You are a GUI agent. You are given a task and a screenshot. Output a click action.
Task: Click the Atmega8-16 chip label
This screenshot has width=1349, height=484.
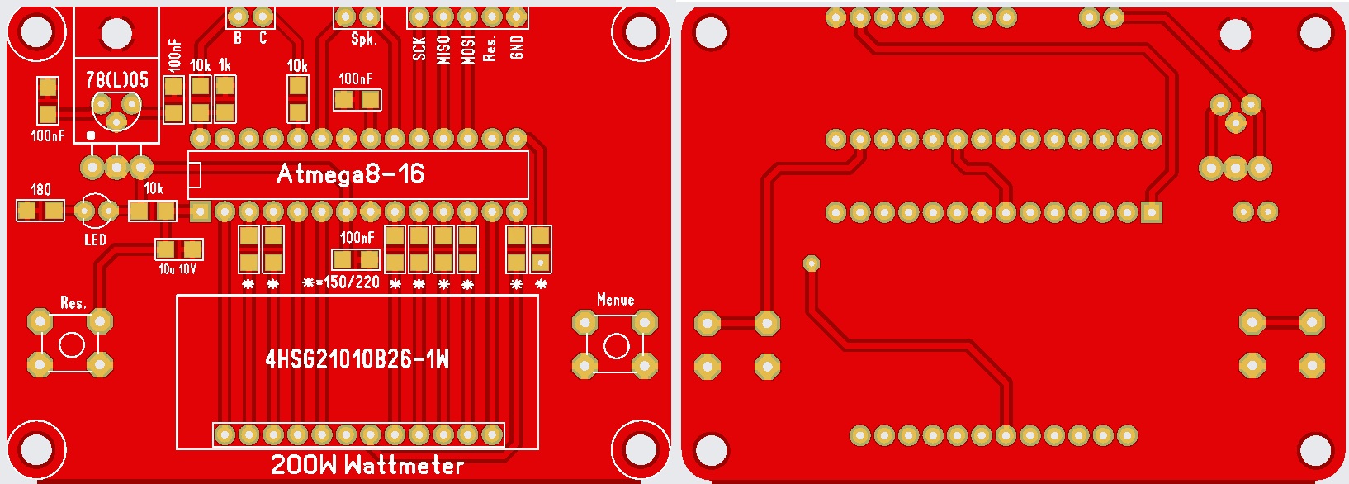coord(351,174)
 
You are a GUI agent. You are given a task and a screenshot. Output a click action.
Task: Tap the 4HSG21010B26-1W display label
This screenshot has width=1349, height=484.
coord(357,360)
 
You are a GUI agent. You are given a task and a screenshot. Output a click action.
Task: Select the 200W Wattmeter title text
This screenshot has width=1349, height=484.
coord(367,465)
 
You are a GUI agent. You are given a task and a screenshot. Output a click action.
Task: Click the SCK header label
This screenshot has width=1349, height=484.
coord(419,48)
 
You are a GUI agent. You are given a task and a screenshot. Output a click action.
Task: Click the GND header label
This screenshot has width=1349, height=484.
coord(517,48)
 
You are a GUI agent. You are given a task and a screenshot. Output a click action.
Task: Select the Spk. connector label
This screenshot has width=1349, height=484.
coord(364,39)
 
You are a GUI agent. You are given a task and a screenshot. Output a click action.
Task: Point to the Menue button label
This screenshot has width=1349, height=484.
coord(616,300)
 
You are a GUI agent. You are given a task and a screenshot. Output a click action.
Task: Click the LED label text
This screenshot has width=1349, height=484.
coord(95,240)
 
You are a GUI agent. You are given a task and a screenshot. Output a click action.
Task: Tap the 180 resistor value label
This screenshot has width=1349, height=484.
coord(40,190)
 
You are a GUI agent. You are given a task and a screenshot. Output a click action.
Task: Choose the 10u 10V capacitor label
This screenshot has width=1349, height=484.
coord(177,268)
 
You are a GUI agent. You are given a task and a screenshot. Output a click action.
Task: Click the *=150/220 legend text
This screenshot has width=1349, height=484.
coord(342,282)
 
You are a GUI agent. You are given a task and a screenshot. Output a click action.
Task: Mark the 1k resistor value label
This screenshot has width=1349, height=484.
coord(225,64)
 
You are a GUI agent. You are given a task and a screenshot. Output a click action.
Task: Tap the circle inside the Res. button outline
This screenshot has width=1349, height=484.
coord(72,345)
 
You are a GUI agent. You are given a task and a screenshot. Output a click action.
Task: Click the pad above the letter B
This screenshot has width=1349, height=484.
coord(239,17)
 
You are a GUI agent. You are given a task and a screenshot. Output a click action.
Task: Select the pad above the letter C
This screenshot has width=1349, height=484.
coord(263,17)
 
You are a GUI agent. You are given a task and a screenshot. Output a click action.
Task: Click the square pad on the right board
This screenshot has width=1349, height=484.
coord(1152,211)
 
